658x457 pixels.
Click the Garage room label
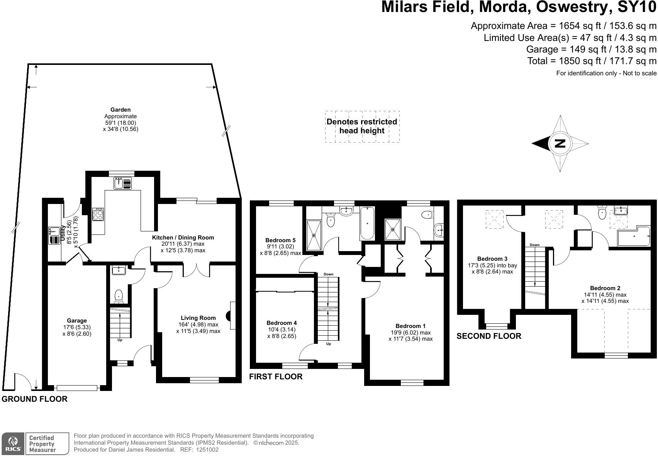77,321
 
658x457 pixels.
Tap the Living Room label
197,318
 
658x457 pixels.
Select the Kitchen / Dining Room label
183,238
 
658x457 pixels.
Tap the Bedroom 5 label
281,240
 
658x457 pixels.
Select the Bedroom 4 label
282,323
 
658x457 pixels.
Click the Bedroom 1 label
410,326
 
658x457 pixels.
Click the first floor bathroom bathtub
367,223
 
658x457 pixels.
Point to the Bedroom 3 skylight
494,219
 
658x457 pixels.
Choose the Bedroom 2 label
605,288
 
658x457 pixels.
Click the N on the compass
560,144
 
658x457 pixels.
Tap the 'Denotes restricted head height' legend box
362,126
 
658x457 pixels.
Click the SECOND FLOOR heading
488,336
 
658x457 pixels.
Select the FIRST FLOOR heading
276,377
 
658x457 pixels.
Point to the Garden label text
120,110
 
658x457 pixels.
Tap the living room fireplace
231,315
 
